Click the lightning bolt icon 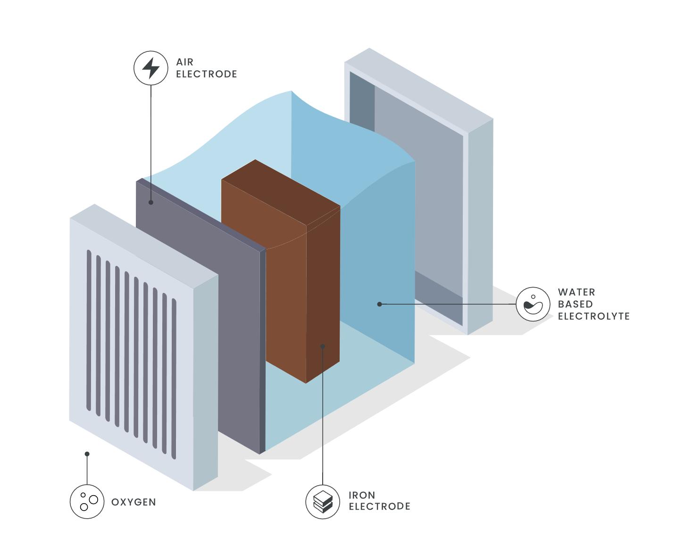point(151,68)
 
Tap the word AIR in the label point(185,62)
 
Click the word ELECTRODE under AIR point(207,74)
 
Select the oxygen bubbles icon point(87,502)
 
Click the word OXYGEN point(134,502)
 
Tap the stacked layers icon point(323,502)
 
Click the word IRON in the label point(362,495)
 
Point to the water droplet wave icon point(533,304)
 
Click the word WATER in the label point(576,292)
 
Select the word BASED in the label point(575,304)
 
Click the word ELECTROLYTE point(594,316)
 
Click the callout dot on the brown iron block point(323,346)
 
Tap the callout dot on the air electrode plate point(151,202)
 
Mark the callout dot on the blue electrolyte point(379,304)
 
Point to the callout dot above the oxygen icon point(87,454)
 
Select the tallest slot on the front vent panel point(89,330)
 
